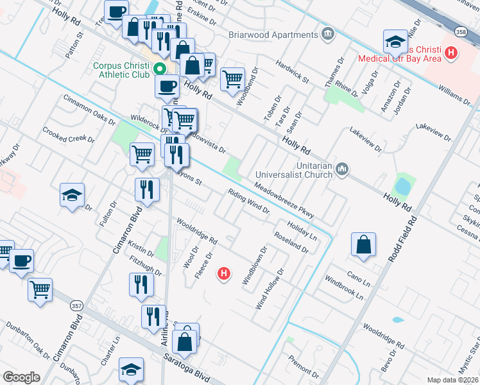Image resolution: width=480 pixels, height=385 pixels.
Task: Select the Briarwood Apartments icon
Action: (x=328, y=33)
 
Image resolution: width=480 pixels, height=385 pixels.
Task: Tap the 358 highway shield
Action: (x=460, y=31)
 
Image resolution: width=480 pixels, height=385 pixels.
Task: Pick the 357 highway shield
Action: (x=76, y=305)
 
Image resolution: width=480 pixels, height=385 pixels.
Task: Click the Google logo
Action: (x=21, y=377)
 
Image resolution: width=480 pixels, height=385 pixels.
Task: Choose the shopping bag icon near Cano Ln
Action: (x=363, y=244)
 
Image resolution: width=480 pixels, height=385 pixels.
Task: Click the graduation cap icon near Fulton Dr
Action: (x=73, y=194)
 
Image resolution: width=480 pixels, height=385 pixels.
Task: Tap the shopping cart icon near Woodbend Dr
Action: (x=232, y=79)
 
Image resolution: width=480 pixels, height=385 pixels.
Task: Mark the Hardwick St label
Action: (x=292, y=73)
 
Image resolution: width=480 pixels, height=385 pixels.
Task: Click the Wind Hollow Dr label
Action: (x=270, y=289)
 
